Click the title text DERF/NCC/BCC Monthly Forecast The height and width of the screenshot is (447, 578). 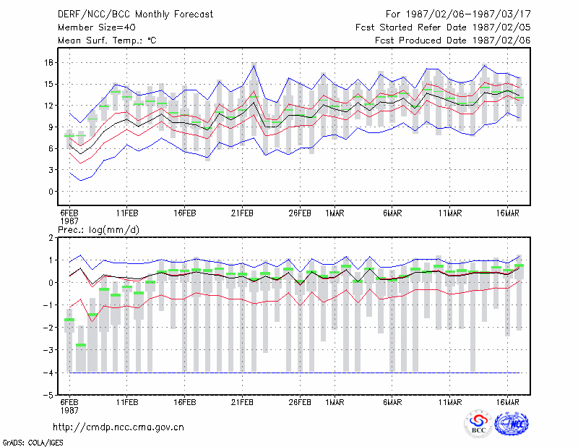point(135,14)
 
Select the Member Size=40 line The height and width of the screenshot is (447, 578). point(97,27)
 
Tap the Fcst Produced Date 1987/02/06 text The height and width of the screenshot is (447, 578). point(453,41)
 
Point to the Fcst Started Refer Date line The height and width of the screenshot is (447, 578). point(443,27)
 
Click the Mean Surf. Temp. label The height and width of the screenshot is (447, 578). point(107,41)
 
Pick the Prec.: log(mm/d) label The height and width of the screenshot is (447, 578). point(98,230)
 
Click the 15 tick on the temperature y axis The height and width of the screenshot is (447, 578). point(48,84)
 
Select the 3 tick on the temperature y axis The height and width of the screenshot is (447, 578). point(51,170)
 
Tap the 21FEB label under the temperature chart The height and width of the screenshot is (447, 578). point(242,213)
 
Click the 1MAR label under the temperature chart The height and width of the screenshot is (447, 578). point(335,213)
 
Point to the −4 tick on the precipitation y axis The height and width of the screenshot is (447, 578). point(48,372)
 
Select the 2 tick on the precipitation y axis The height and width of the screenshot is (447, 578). point(51,238)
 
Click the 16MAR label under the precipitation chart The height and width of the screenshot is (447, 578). point(508,402)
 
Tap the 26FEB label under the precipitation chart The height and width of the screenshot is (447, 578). point(300,402)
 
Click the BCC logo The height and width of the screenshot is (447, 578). point(478,423)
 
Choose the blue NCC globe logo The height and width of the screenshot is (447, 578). point(512,424)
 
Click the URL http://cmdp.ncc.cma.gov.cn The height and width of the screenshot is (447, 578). point(118,427)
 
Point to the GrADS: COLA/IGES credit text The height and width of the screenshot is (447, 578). point(33,443)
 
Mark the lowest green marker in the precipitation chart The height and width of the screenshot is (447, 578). point(81,345)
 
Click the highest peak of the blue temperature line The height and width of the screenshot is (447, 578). point(254,65)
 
